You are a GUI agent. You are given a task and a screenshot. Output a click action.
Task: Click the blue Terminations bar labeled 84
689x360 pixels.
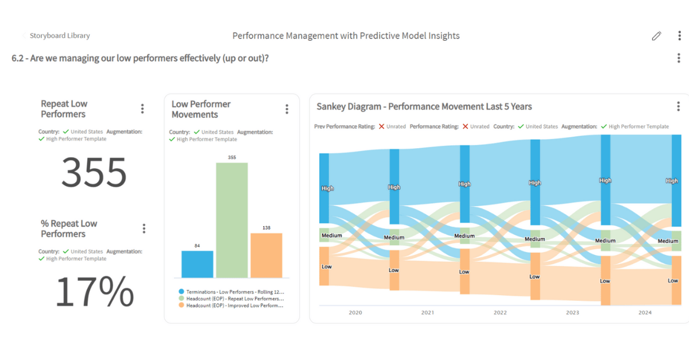click(x=197, y=264)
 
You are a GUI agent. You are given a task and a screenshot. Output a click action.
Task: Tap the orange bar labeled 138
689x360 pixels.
click(x=266, y=256)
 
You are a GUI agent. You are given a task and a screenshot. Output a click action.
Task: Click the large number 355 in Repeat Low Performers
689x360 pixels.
click(x=94, y=172)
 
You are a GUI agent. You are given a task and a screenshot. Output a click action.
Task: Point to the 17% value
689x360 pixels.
click(x=94, y=292)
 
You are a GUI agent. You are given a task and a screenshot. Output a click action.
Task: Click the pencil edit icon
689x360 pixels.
click(x=656, y=36)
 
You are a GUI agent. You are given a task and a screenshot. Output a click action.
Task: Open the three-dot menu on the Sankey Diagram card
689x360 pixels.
click(x=678, y=107)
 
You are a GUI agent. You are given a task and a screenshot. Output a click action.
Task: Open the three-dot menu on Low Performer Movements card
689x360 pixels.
click(x=287, y=109)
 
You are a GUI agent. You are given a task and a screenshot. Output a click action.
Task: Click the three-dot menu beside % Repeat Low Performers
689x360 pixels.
click(x=144, y=229)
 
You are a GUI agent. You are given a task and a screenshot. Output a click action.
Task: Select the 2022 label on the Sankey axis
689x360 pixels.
click(x=500, y=312)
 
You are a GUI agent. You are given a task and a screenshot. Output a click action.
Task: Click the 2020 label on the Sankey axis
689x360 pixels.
click(x=355, y=312)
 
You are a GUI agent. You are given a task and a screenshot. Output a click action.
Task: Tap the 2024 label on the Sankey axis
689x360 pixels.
click(x=645, y=312)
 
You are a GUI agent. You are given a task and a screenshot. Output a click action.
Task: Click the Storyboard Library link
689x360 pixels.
click(x=60, y=36)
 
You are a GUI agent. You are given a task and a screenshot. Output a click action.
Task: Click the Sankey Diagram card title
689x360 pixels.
click(x=424, y=107)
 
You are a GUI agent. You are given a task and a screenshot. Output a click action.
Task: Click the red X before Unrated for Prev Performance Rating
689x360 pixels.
click(x=381, y=126)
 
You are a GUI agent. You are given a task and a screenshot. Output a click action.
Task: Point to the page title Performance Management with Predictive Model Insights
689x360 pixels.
click(x=346, y=36)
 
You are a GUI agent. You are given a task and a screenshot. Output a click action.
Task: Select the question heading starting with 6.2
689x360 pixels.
click(x=140, y=58)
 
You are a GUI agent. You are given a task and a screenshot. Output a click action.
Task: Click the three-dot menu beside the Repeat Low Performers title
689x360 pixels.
click(x=142, y=109)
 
